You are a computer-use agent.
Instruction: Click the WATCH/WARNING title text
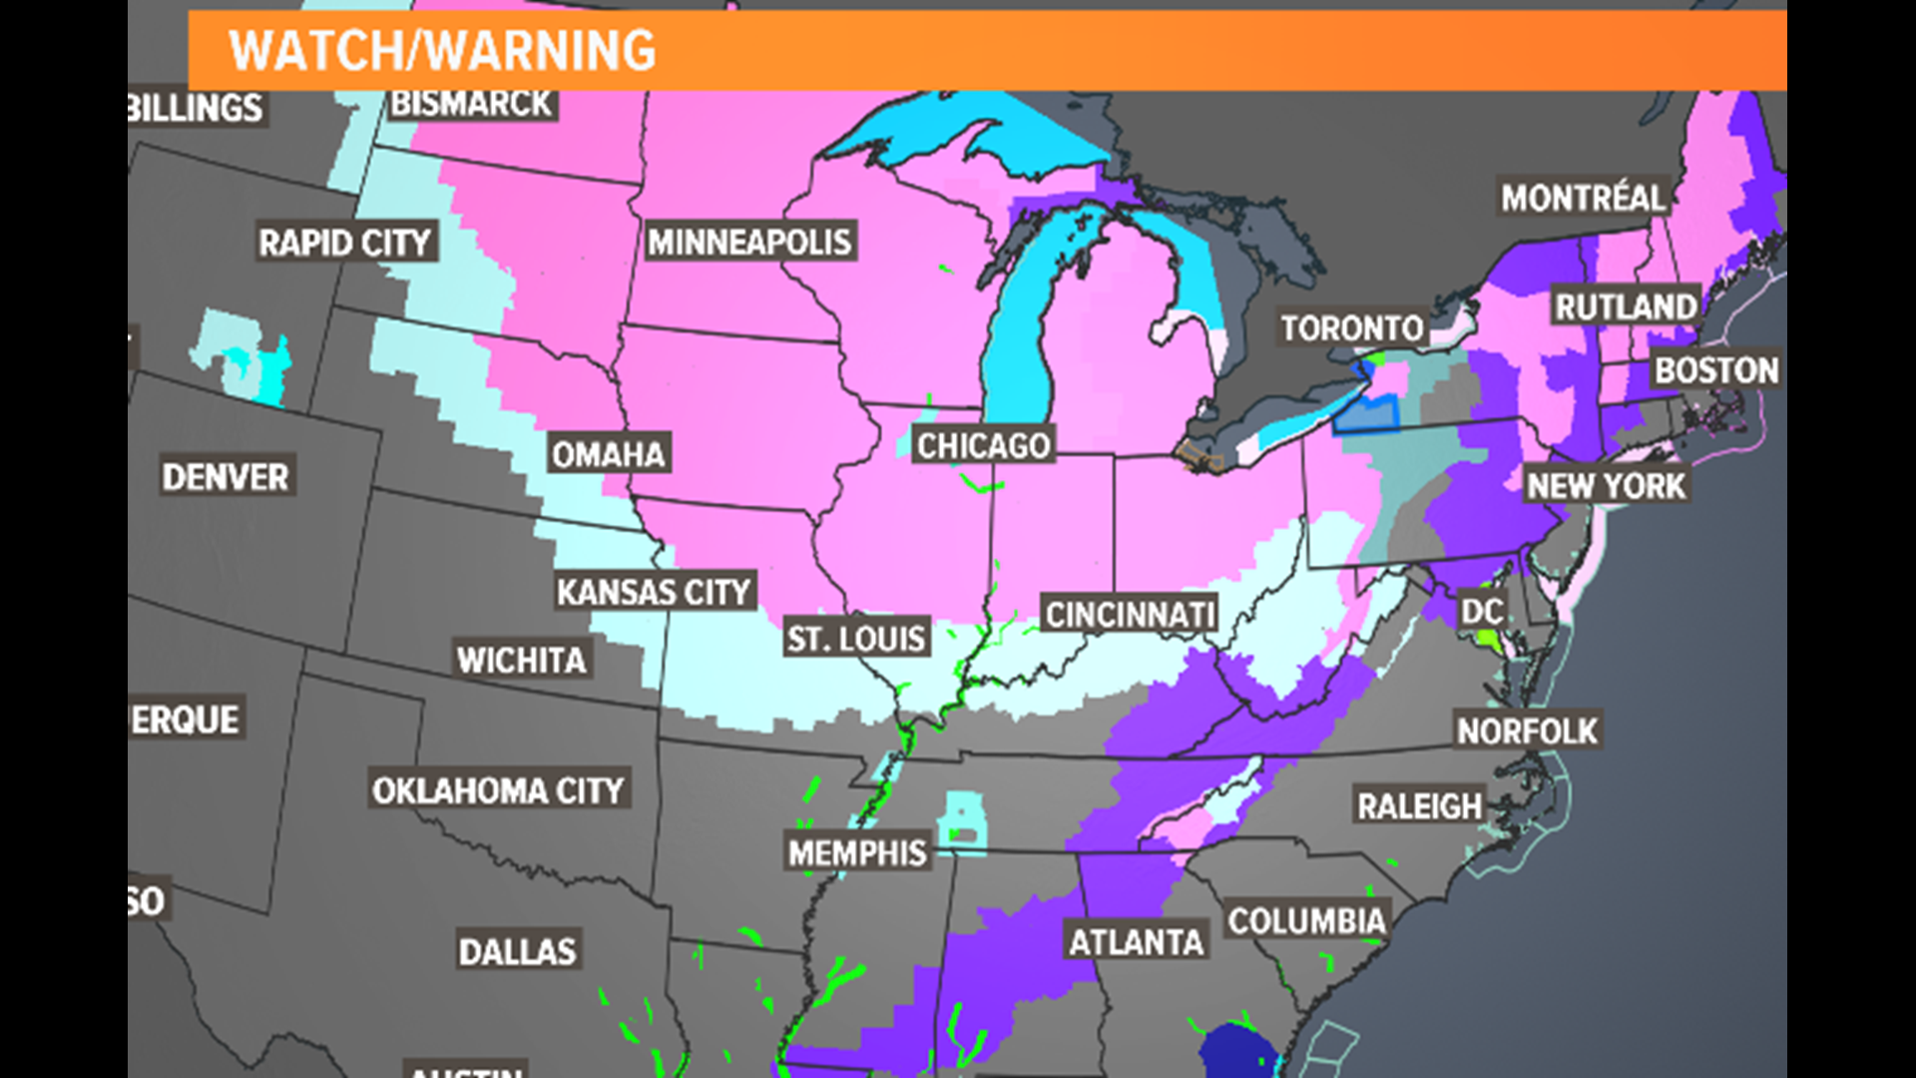pos(442,51)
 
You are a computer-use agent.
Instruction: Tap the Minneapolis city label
pos(749,242)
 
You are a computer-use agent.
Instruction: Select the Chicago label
pos(983,445)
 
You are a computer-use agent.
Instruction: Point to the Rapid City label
pos(344,243)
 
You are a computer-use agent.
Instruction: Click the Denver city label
pos(226,477)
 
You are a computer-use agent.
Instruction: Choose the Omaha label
pos(608,455)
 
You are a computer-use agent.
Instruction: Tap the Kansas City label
pos(654,592)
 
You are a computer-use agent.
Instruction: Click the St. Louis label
pos(856,638)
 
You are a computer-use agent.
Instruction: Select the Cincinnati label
pos(1130,615)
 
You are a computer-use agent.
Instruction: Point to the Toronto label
pos(1352,328)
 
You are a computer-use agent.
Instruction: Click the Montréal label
pos(1584,198)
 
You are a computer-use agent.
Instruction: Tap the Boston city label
pos(1716,370)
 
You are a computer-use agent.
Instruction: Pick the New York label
pos(1606,486)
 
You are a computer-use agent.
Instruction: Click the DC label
pos(1482,611)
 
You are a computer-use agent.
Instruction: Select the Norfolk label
pos(1527,731)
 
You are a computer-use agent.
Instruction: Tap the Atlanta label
pos(1136,941)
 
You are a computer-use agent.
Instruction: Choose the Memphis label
pos(857,852)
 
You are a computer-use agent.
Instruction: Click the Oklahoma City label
pos(498,791)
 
